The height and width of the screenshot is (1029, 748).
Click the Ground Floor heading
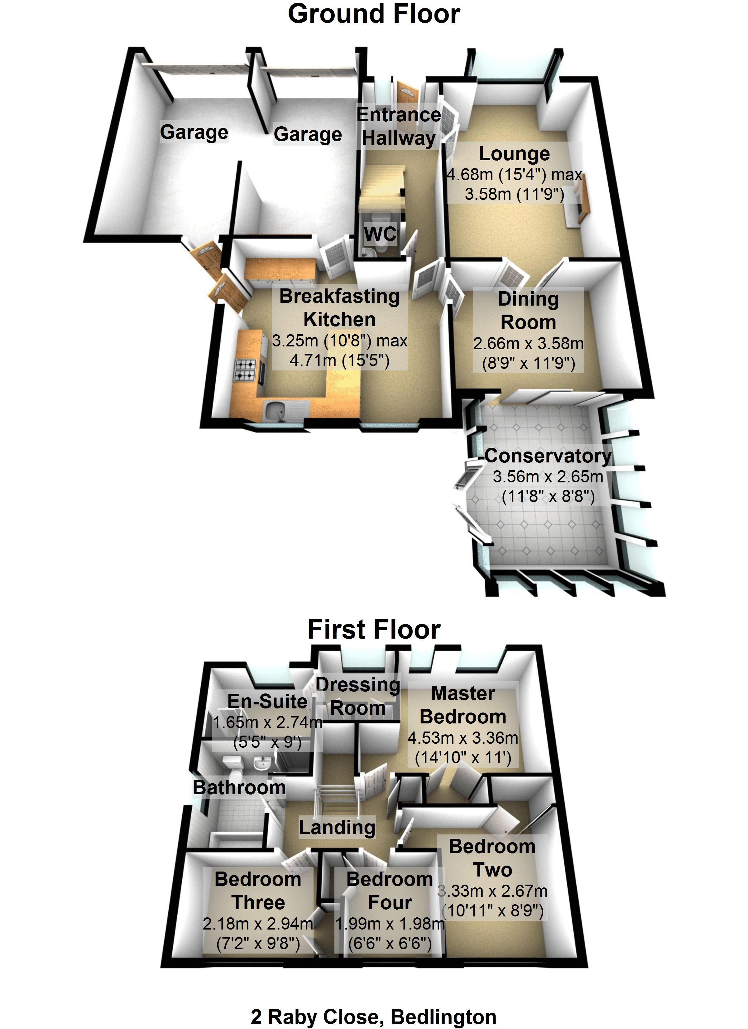[x=374, y=14]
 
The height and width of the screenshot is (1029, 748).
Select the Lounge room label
[x=514, y=154]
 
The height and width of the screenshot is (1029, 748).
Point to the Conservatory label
[x=548, y=456]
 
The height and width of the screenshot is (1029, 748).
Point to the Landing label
[x=337, y=828]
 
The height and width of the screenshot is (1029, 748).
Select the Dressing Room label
[x=358, y=696]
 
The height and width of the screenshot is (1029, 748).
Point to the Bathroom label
[x=239, y=788]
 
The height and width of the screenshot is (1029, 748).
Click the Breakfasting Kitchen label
[x=339, y=308]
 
